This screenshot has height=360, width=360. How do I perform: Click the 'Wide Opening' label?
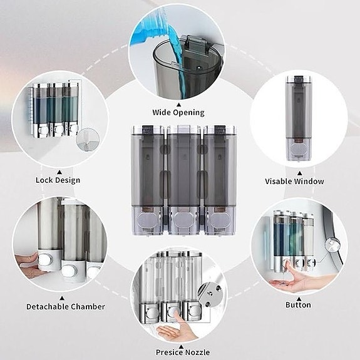click(x=178, y=113)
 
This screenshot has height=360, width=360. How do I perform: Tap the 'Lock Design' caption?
click(x=58, y=180)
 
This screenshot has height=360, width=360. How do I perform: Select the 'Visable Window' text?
click(x=294, y=182)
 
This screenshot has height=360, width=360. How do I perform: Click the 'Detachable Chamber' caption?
click(x=66, y=307)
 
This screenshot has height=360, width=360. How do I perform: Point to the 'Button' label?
click(x=298, y=305)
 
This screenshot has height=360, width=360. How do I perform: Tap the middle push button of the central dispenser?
click(x=182, y=220)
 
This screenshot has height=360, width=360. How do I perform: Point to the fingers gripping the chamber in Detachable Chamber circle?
click(x=28, y=257)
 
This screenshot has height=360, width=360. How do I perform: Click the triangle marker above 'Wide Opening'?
click(x=178, y=105)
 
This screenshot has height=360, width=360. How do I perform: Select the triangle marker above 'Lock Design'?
click(x=59, y=170)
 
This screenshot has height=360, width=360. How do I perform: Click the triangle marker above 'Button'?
click(x=298, y=297)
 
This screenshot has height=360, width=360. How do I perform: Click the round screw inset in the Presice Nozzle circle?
click(x=208, y=289)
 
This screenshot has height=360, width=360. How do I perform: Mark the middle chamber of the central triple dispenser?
click(x=182, y=169)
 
